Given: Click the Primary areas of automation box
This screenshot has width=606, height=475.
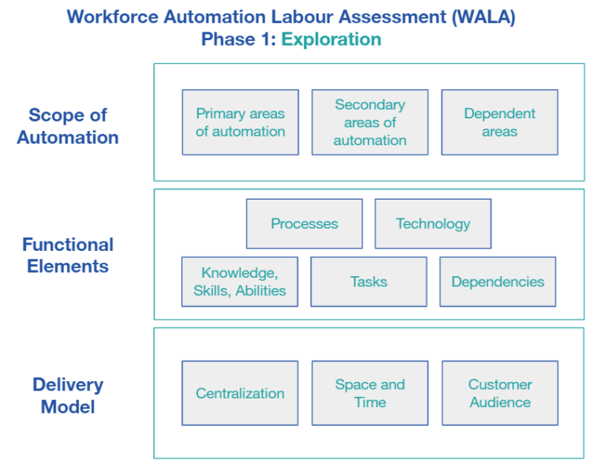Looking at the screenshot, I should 240,122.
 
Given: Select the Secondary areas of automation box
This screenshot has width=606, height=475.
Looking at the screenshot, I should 369,122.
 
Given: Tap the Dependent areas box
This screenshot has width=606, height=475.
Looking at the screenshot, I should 499,122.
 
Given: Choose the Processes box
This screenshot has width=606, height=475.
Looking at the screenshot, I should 304,223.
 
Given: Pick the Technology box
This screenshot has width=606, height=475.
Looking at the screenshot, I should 432,223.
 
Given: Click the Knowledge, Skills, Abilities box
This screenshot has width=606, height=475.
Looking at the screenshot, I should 240,282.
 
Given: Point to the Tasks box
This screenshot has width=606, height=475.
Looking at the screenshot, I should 368,282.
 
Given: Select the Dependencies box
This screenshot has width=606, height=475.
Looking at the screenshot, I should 497,282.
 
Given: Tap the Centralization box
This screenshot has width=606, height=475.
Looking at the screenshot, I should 240,393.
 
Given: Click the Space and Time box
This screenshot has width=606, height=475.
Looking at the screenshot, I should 369,393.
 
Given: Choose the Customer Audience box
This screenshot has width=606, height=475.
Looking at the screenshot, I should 499,393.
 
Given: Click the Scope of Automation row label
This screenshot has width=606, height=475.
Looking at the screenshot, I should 68,126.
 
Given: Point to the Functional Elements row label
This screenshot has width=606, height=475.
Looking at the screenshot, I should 68,256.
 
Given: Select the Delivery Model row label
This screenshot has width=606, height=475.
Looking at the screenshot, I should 68,396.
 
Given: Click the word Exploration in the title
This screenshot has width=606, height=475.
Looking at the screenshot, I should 331,39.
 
